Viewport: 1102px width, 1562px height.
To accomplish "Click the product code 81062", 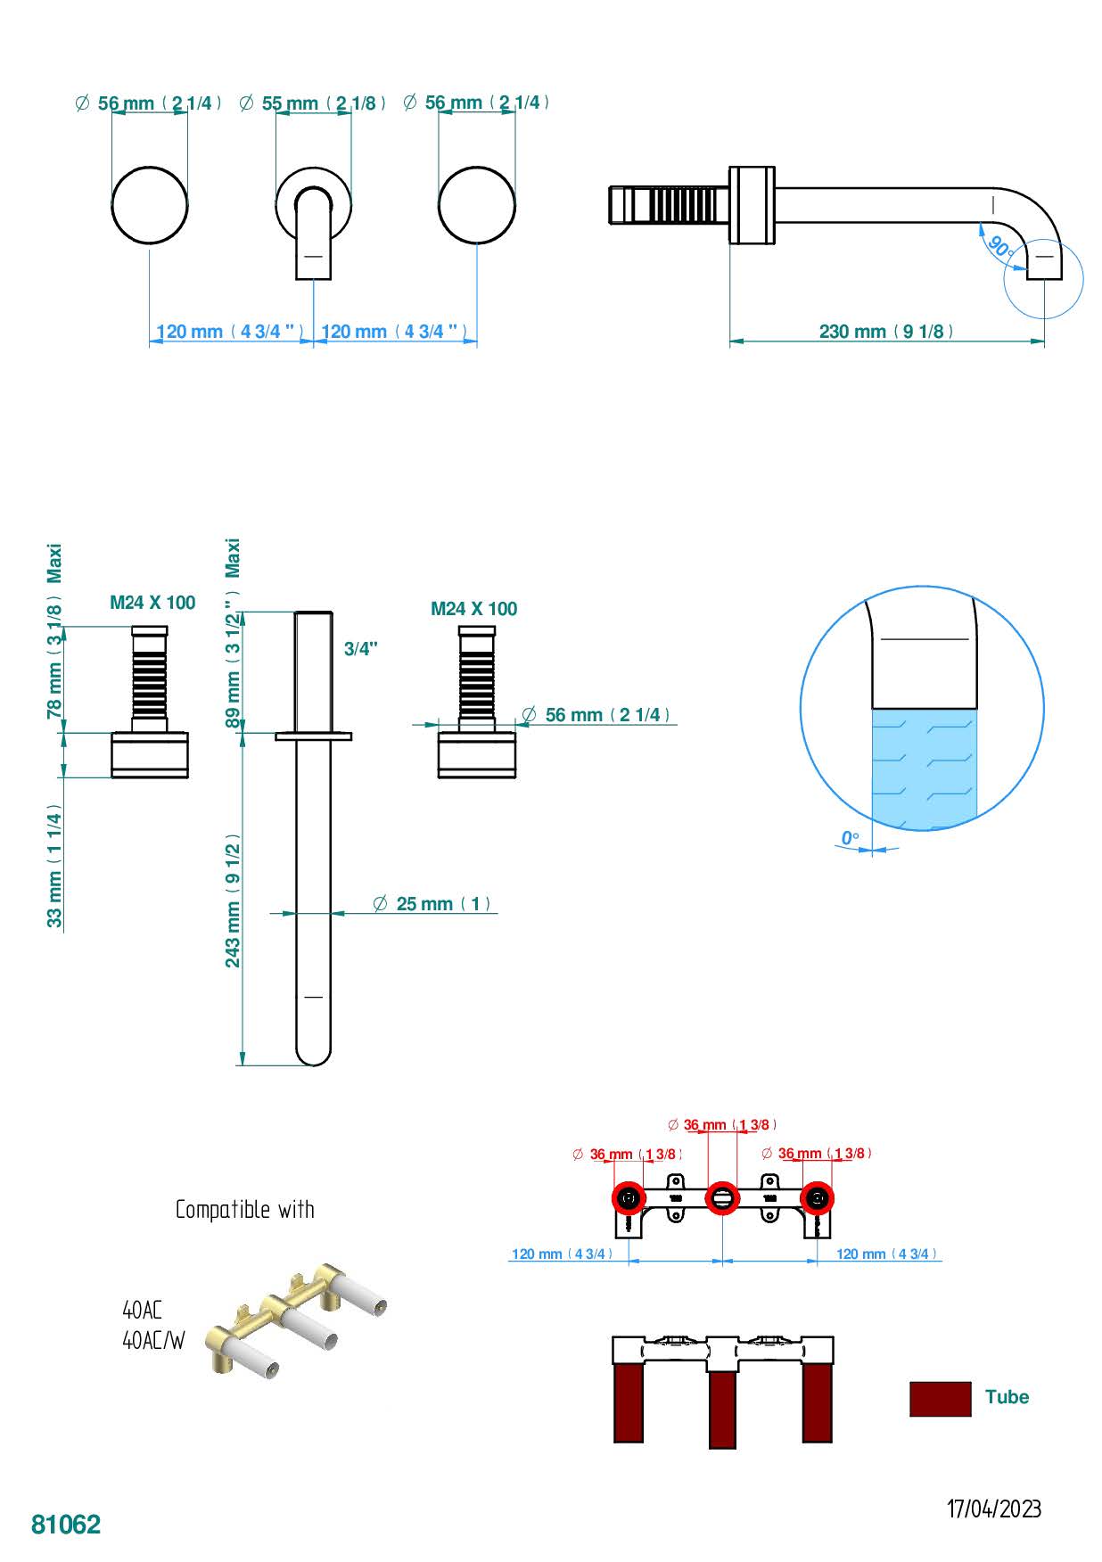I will point(66,1524).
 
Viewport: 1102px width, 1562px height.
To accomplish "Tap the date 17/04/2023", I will point(993,1509).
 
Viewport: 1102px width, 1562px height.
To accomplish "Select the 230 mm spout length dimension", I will point(886,332).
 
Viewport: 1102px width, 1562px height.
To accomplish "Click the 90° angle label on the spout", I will point(1000,248).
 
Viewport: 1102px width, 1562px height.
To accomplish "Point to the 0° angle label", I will point(850,838).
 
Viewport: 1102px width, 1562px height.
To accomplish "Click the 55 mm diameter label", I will point(312,103).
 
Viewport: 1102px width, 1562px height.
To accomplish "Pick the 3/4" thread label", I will point(361,649).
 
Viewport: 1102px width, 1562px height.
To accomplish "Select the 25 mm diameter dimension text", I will point(432,904).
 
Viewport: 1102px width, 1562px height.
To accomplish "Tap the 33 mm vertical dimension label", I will point(55,865).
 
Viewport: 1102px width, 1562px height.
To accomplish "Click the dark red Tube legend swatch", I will point(940,1398).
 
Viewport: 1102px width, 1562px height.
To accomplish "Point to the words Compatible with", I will point(245,1210).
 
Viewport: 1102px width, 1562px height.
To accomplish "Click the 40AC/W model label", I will point(153,1340).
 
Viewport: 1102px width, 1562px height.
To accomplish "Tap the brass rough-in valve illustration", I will point(294,1319).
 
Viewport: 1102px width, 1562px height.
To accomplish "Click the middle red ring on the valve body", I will point(722,1198).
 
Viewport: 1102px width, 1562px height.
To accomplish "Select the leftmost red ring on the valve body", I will point(629,1198).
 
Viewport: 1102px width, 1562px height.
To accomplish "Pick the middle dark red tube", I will point(722,1409).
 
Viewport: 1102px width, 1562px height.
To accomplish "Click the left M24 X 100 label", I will point(152,603).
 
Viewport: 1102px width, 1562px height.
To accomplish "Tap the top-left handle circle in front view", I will point(150,205).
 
